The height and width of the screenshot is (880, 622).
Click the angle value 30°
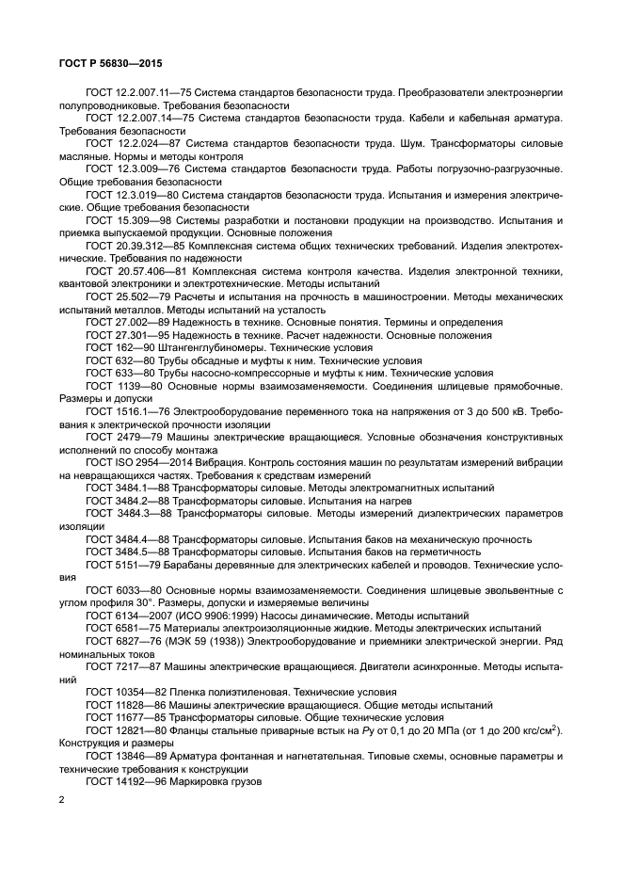(x=145, y=602)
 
